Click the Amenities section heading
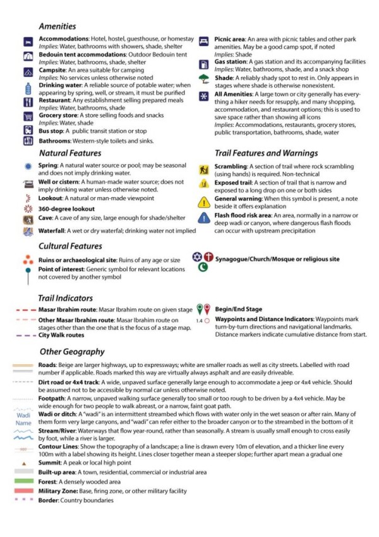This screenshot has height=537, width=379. [x=57, y=27]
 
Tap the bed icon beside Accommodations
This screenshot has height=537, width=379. [x=28, y=42]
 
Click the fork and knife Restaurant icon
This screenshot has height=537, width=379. [x=28, y=102]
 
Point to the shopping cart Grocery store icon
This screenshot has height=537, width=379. [x=28, y=117]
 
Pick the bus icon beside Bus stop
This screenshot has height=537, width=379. [x=28, y=130]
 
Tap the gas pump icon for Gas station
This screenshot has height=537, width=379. [x=203, y=64]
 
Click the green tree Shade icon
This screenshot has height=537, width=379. [x=203, y=79]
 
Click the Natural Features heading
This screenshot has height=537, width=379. [x=70, y=153]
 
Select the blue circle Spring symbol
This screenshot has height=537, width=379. [x=28, y=166]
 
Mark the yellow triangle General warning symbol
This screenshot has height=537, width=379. [x=203, y=202]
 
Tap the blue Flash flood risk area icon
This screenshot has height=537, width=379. [x=203, y=218]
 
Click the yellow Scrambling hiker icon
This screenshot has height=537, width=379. [x=203, y=170]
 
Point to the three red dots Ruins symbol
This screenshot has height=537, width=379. [x=28, y=259]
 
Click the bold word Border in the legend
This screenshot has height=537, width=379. [x=48, y=500]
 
